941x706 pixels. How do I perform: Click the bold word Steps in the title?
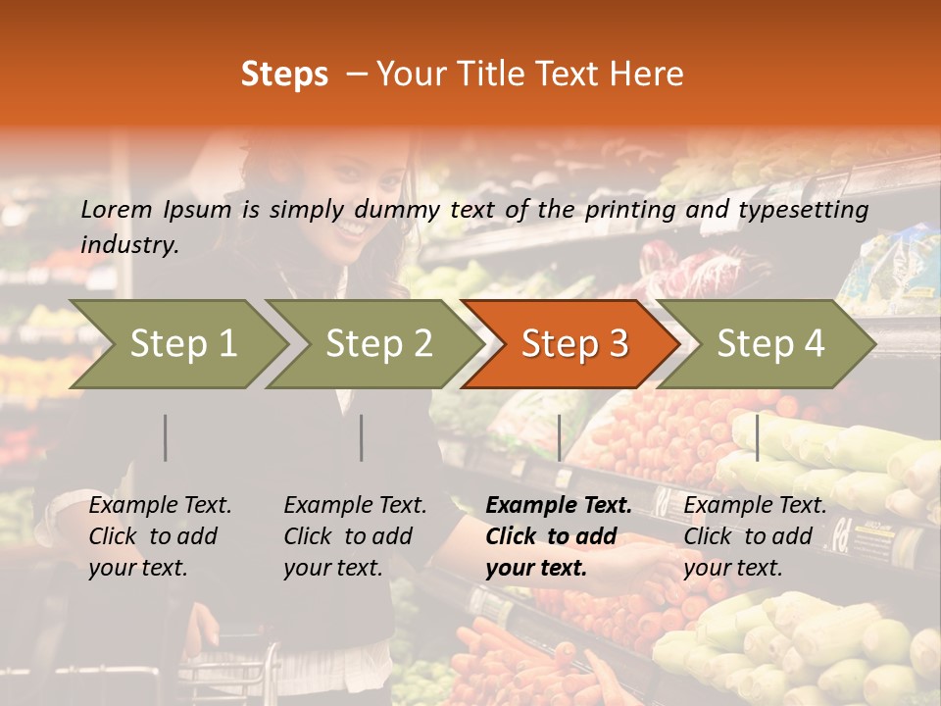pos(284,75)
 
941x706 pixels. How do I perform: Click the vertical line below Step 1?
pos(166,437)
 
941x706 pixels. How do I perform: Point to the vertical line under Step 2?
pos(362,437)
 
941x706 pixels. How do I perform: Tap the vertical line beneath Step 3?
pos(560,437)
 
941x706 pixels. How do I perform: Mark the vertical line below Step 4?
pos(758,437)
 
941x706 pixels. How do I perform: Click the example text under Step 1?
pos(160,536)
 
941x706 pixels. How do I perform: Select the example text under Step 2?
pos(355,536)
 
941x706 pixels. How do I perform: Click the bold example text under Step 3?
pos(558,536)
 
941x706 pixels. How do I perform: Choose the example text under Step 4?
pos(755,536)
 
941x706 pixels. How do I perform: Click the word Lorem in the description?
pos(116,210)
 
